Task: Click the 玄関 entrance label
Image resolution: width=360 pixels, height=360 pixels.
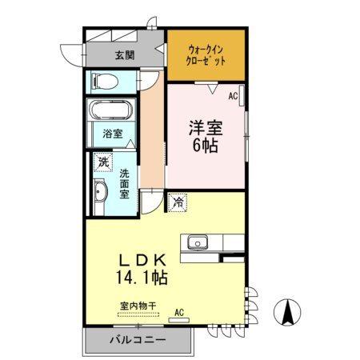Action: (124, 56)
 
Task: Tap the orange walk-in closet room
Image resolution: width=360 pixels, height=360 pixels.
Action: (206, 56)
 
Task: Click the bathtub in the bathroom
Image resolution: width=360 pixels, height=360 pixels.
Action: (111, 112)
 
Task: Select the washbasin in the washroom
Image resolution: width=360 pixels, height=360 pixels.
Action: (101, 193)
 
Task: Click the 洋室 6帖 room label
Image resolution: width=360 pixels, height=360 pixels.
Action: (204, 134)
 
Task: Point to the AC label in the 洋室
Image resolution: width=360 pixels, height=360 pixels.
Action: (234, 96)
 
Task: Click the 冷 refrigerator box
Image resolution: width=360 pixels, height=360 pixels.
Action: (177, 202)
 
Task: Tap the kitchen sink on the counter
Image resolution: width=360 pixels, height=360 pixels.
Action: (196, 242)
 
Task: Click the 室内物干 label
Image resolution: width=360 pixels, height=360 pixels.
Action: (138, 305)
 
